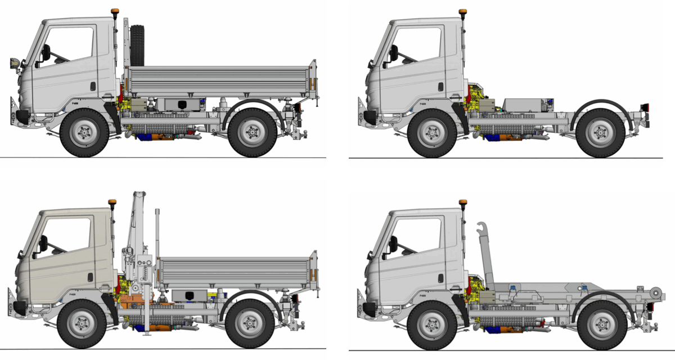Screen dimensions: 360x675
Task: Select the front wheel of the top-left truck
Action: (84, 133)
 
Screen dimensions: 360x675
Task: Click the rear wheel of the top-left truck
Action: (253, 133)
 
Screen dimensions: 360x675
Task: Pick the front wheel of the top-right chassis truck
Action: (431, 133)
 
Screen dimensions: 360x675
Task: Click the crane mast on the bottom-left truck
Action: (137, 225)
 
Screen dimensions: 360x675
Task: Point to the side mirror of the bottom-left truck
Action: (43, 243)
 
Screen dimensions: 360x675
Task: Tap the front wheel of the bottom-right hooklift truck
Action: (431, 325)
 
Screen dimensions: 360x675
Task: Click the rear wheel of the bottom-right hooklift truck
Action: (601, 325)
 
